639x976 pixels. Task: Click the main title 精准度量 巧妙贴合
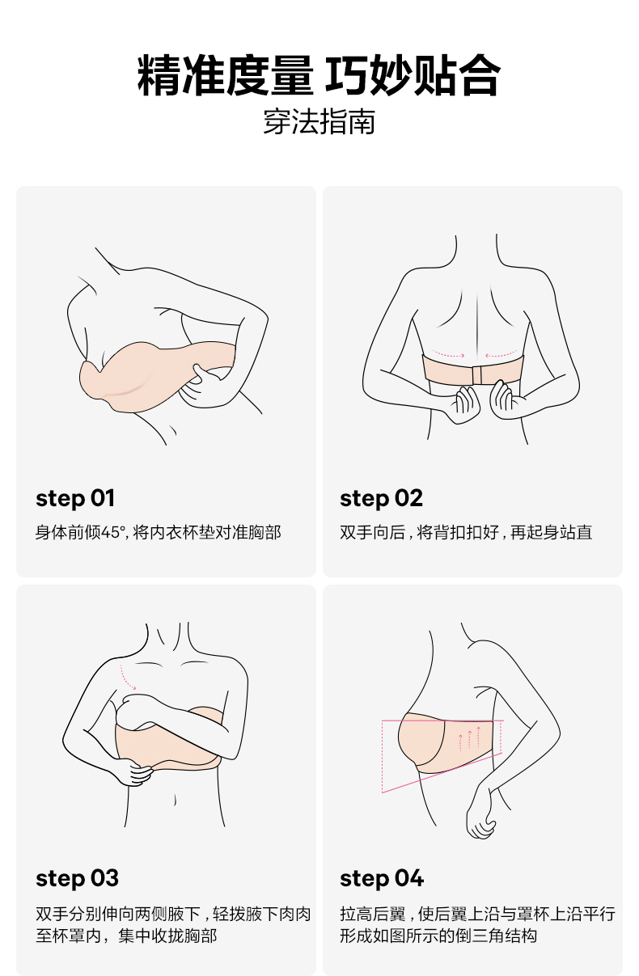coord(319,75)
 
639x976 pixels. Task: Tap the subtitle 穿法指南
coord(319,122)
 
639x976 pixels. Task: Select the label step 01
coord(75,499)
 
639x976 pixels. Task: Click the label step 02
coord(382,499)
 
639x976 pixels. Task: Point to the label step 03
coord(77,878)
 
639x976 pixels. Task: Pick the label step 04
coord(382,878)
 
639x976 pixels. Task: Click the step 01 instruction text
coord(159,532)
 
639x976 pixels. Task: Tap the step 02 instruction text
coord(466,532)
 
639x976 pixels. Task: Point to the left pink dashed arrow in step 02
coord(448,353)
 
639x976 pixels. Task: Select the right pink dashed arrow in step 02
coord(501,353)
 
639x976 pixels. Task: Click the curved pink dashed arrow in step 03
coord(126,678)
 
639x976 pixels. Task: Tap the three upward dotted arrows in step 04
coord(469,738)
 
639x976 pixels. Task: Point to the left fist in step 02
coord(463,404)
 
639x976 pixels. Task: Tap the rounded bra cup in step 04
coord(421,739)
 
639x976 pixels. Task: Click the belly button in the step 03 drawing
coord(176,800)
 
